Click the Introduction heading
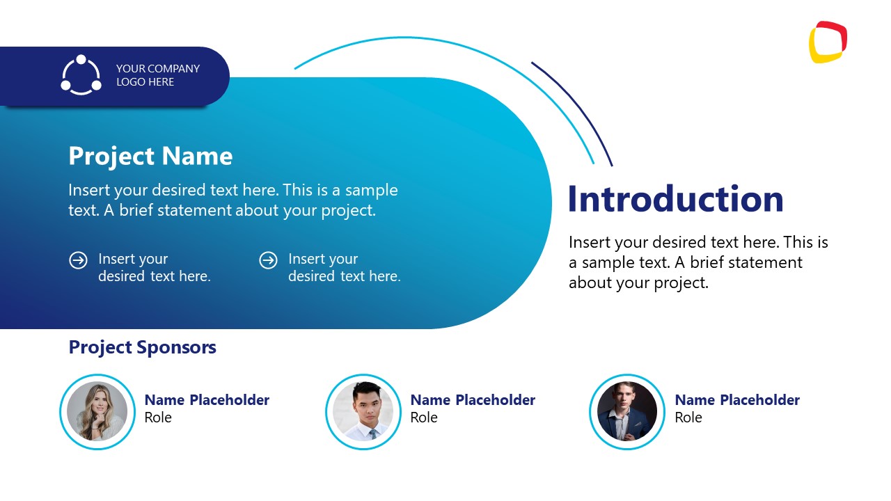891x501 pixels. pos(675,199)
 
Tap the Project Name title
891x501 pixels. pos(150,157)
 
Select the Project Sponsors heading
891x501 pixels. pos(143,347)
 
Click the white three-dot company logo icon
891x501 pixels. pos(81,75)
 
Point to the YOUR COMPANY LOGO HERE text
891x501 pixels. pos(158,75)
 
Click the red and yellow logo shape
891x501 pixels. pos(828,42)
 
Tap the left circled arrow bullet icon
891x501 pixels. pos(79,261)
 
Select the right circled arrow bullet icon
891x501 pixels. pos(269,261)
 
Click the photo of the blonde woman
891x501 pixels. pos(97,411)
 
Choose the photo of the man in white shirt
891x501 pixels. pos(363,411)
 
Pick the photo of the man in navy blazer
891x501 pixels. pos(627,411)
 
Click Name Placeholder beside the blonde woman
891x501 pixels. pos(207,400)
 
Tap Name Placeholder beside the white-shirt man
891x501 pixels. pos(473,400)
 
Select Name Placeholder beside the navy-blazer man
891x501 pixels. pos(737,400)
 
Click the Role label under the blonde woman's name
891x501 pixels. pos(158,417)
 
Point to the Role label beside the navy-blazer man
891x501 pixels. pos(688,417)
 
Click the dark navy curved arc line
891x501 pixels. pos(578,105)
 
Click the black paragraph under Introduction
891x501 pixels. pos(698,262)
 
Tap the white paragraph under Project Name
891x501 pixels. pos(233,200)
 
